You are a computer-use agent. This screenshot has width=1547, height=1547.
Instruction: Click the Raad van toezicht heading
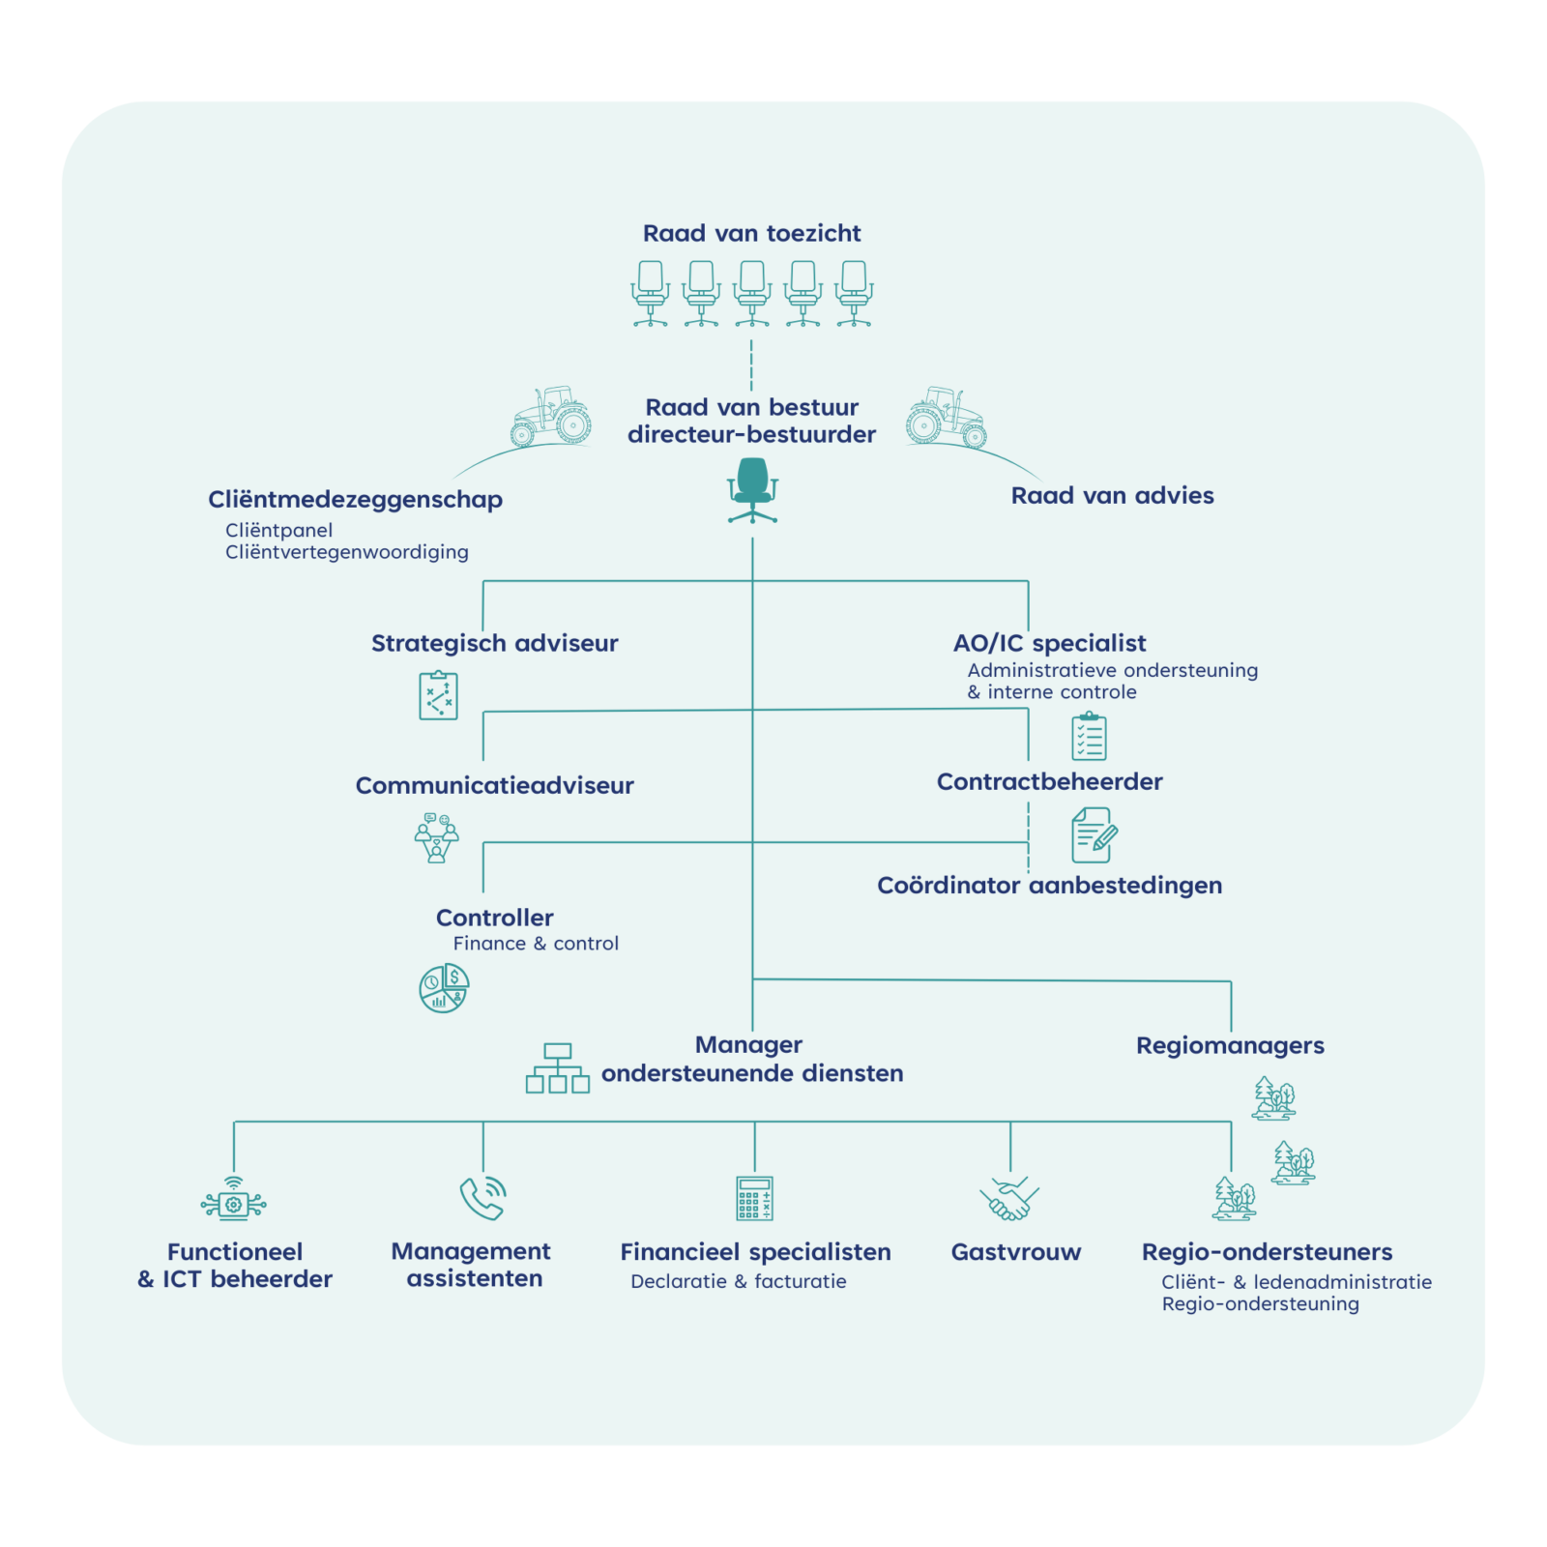(751, 233)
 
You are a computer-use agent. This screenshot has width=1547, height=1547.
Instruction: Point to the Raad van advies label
(1112, 495)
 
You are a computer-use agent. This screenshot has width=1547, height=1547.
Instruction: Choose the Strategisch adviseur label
(494, 643)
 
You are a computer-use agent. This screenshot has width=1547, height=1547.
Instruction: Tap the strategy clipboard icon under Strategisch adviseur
(438, 695)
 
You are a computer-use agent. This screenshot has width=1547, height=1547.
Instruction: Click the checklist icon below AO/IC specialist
(1090, 737)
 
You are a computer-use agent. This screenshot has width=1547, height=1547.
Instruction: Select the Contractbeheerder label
(1049, 781)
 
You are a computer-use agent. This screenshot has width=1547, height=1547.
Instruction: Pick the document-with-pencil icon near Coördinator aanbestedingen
(1094, 835)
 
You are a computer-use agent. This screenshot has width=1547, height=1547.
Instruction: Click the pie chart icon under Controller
(444, 988)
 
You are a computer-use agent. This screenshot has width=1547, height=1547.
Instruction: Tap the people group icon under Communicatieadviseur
(436, 837)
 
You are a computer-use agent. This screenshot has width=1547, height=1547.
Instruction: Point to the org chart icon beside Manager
(557, 1068)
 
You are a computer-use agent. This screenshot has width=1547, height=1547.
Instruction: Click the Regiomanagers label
(1230, 1045)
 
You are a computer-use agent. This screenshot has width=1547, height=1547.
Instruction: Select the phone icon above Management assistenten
(482, 1198)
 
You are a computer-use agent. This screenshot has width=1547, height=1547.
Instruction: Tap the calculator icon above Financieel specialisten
(754, 1198)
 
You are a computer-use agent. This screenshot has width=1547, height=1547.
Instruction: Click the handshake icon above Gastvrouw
(1008, 1198)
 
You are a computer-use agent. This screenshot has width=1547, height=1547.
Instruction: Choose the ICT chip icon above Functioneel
(233, 1200)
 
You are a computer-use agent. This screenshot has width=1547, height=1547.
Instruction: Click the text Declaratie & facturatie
(739, 1281)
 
